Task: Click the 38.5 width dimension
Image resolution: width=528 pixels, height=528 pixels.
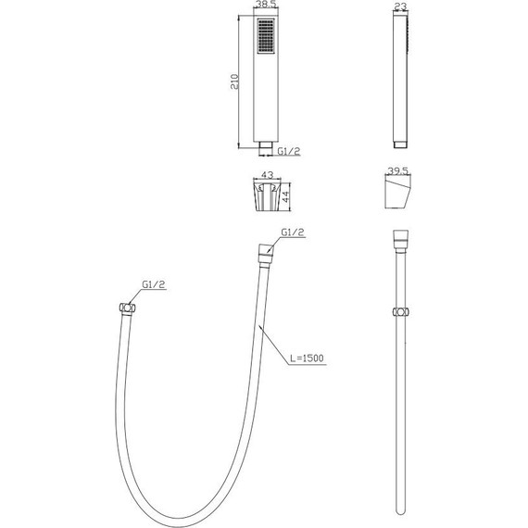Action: click(266, 5)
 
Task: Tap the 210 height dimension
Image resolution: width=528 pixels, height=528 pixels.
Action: click(234, 82)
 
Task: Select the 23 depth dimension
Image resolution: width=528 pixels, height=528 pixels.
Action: click(400, 6)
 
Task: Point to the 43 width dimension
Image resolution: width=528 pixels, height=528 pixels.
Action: click(267, 175)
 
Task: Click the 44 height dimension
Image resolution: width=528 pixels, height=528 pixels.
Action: click(285, 196)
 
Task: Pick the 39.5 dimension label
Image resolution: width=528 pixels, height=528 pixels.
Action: click(398, 170)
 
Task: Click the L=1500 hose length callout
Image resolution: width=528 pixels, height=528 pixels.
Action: click(307, 358)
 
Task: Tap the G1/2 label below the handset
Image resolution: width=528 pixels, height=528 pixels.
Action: click(289, 151)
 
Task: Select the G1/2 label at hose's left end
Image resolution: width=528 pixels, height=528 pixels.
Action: click(154, 284)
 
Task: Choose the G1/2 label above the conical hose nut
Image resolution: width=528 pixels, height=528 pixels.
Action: click(293, 232)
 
